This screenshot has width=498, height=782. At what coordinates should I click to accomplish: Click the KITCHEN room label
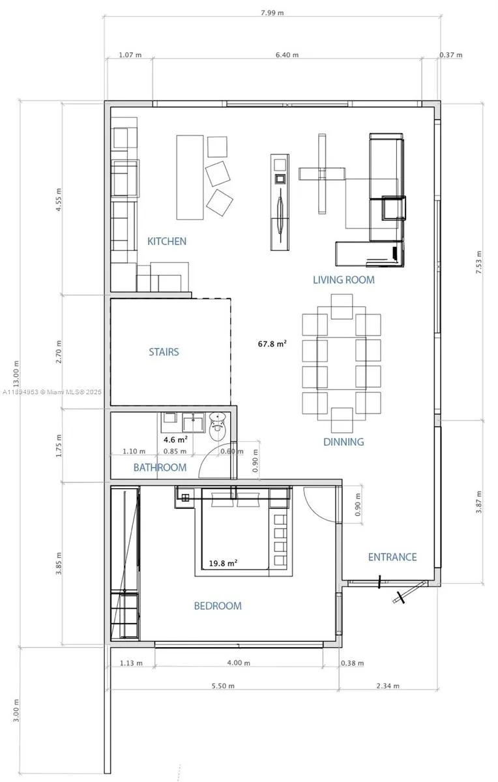click(x=167, y=241)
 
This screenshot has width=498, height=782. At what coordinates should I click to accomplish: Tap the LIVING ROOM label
click(x=344, y=280)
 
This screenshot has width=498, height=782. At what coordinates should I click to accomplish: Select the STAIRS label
click(x=164, y=351)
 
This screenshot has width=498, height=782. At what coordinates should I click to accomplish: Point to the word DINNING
click(x=344, y=442)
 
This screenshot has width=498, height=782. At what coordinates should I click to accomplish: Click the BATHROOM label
click(x=160, y=467)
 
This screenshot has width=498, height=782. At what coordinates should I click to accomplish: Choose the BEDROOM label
click(x=218, y=605)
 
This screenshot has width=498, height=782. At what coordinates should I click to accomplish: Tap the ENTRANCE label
click(x=392, y=557)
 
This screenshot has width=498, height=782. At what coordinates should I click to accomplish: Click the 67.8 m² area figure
click(x=272, y=344)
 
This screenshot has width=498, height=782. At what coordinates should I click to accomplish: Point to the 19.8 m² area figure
click(x=223, y=563)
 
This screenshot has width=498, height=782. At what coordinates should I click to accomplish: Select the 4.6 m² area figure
click(x=175, y=439)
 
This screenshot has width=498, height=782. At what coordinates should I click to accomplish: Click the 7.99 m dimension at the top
click(x=272, y=13)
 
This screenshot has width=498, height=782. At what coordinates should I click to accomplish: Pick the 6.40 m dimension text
click(x=287, y=55)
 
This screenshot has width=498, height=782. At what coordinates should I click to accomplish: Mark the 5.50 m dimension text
click(x=223, y=686)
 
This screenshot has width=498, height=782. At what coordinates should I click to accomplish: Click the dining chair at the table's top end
click(x=342, y=306)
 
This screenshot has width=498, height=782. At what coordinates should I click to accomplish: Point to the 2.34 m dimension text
click(x=388, y=686)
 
